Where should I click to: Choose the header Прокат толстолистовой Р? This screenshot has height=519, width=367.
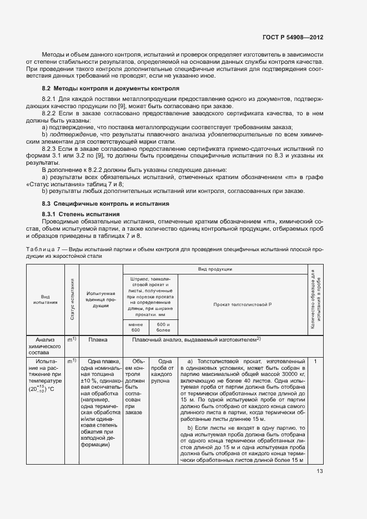(242, 305)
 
